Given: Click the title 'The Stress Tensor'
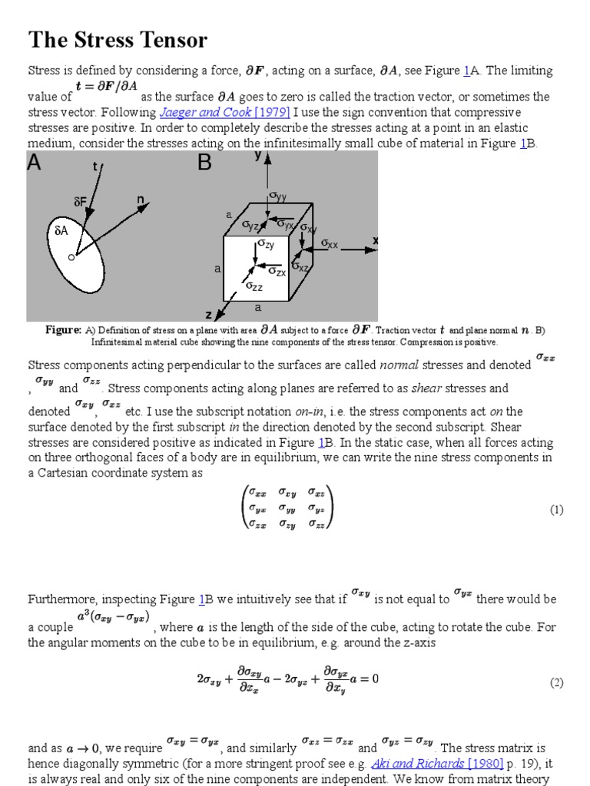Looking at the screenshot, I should point(118,39).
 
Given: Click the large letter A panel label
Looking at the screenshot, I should point(36,163).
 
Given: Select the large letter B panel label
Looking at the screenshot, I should point(204,163).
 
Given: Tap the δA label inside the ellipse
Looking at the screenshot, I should point(61,230).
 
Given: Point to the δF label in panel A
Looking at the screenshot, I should point(81,202).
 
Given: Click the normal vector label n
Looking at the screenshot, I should point(141,200).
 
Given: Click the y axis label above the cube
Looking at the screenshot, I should point(258,156).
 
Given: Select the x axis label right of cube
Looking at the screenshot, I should point(376,240).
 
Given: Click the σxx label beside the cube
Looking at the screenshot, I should point(330,244).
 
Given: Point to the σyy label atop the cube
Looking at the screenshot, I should point(277,196).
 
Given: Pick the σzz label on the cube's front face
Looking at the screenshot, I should point(254,286).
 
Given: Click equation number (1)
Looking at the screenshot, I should point(556,510).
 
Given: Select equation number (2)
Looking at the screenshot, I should point(556,682).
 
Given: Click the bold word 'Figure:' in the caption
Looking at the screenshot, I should point(63,330).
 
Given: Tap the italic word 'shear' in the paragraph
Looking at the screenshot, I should point(428,388).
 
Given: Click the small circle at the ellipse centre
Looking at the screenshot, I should point(71,257).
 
